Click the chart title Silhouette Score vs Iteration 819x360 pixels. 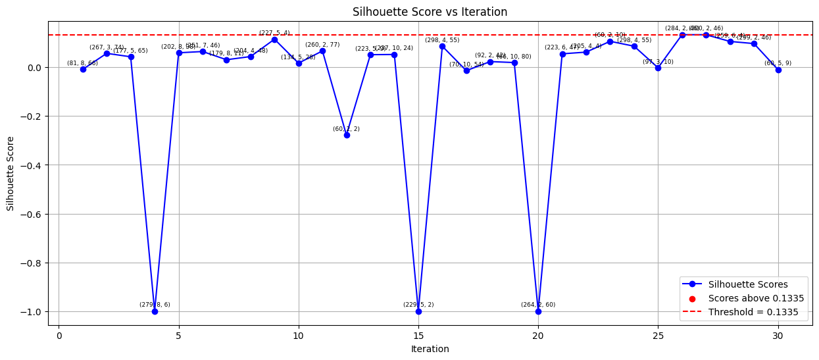(430, 12)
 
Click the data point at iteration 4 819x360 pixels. (155, 311)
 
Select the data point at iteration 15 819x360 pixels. (418, 311)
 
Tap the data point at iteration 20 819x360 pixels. (538, 311)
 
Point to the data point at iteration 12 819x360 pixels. (347, 135)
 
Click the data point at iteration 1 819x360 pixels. (83, 69)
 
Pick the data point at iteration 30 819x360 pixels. (778, 70)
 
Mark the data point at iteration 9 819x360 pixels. (274, 39)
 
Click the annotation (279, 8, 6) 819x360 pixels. (155, 305)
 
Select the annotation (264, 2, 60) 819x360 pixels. (538, 305)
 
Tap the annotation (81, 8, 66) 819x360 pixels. (82, 63)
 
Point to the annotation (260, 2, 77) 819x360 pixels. (322, 45)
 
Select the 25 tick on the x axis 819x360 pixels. (658, 336)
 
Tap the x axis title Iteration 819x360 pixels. (430, 349)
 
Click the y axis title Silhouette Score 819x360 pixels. (11, 174)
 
